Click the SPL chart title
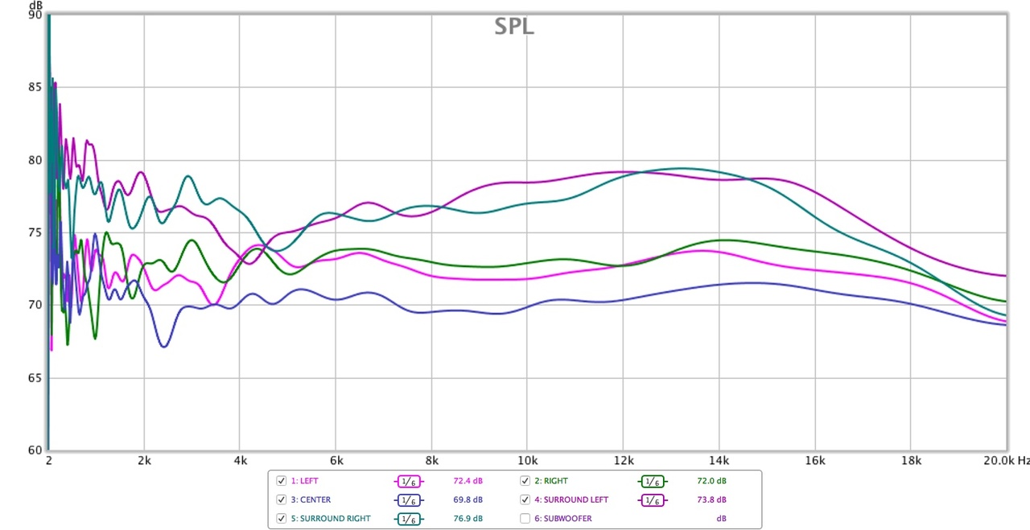(x=513, y=27)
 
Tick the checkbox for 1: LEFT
(x=281, y=481)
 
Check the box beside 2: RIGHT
(x=525, y=481)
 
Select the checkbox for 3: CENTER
(x=281, y=499)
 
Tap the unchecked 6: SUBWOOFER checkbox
(x=525, y=519)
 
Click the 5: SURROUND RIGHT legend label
(x=331, y=519)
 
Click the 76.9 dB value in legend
(x=468, y=519)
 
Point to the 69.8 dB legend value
(x=468, y=499)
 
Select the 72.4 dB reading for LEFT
(x=468, y=481)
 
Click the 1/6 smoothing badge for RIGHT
(x=653, y=481)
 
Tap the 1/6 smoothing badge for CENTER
(x=408, y=499)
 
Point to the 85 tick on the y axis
(x=35, y=87)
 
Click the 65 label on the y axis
(x=35, y=378)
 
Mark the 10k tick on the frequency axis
(x=527, y=461)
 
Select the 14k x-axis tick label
(x=719, y=461)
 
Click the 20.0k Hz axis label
(x=1006, y=461)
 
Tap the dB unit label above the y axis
(x=35, y=5)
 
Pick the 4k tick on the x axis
(x=240, y=461)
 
